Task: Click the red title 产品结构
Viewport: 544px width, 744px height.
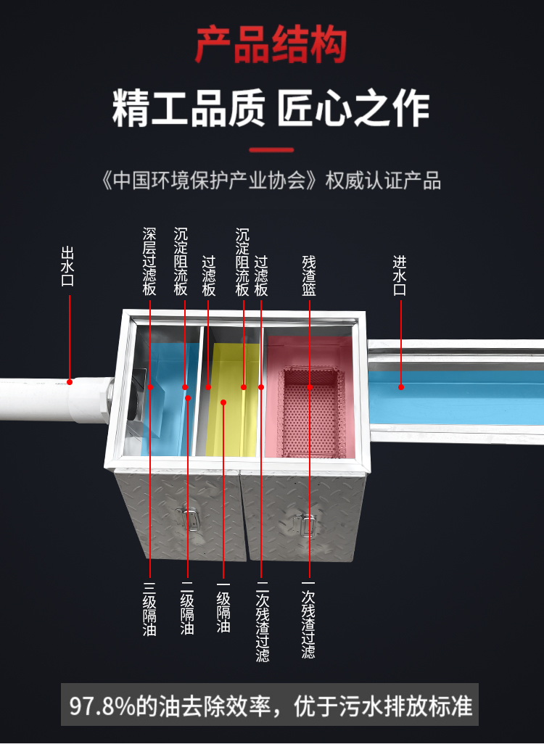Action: [x=271, y=45]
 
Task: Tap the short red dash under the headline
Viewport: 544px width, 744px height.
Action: [x=271, y=151]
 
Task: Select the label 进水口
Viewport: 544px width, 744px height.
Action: [x=400, y=275]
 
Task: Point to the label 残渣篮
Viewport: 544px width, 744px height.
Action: [x=310, y=275]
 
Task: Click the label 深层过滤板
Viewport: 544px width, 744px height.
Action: [x=150, y=262]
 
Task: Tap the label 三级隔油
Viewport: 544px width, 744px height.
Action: [x=150, y=609]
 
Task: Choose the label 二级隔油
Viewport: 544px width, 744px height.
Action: [x=188, y=609]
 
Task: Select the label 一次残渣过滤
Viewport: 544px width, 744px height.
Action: [x=310, y=620]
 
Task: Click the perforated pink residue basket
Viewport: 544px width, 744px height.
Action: [x=310, y=413]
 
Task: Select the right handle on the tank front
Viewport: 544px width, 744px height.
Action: [x=305, y=524]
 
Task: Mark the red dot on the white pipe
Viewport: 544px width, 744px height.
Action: [x=70, y=381]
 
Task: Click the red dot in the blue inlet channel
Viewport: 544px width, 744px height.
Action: [x=400, y=387]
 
